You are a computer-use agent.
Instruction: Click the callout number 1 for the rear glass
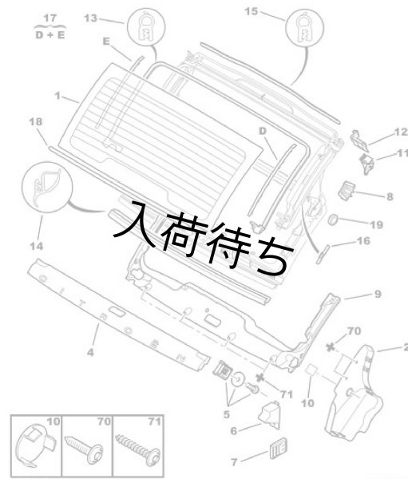click(57, 95)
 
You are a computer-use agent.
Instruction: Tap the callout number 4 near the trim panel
click(90, 350)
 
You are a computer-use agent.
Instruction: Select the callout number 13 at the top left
click(90, 18)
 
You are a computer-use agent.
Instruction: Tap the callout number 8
click(390, 195)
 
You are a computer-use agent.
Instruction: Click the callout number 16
click(362, 239)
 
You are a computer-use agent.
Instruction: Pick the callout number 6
click(234, 430)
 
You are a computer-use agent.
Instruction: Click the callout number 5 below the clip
click(227, 414)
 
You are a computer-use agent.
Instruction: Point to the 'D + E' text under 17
click(50, 34)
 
